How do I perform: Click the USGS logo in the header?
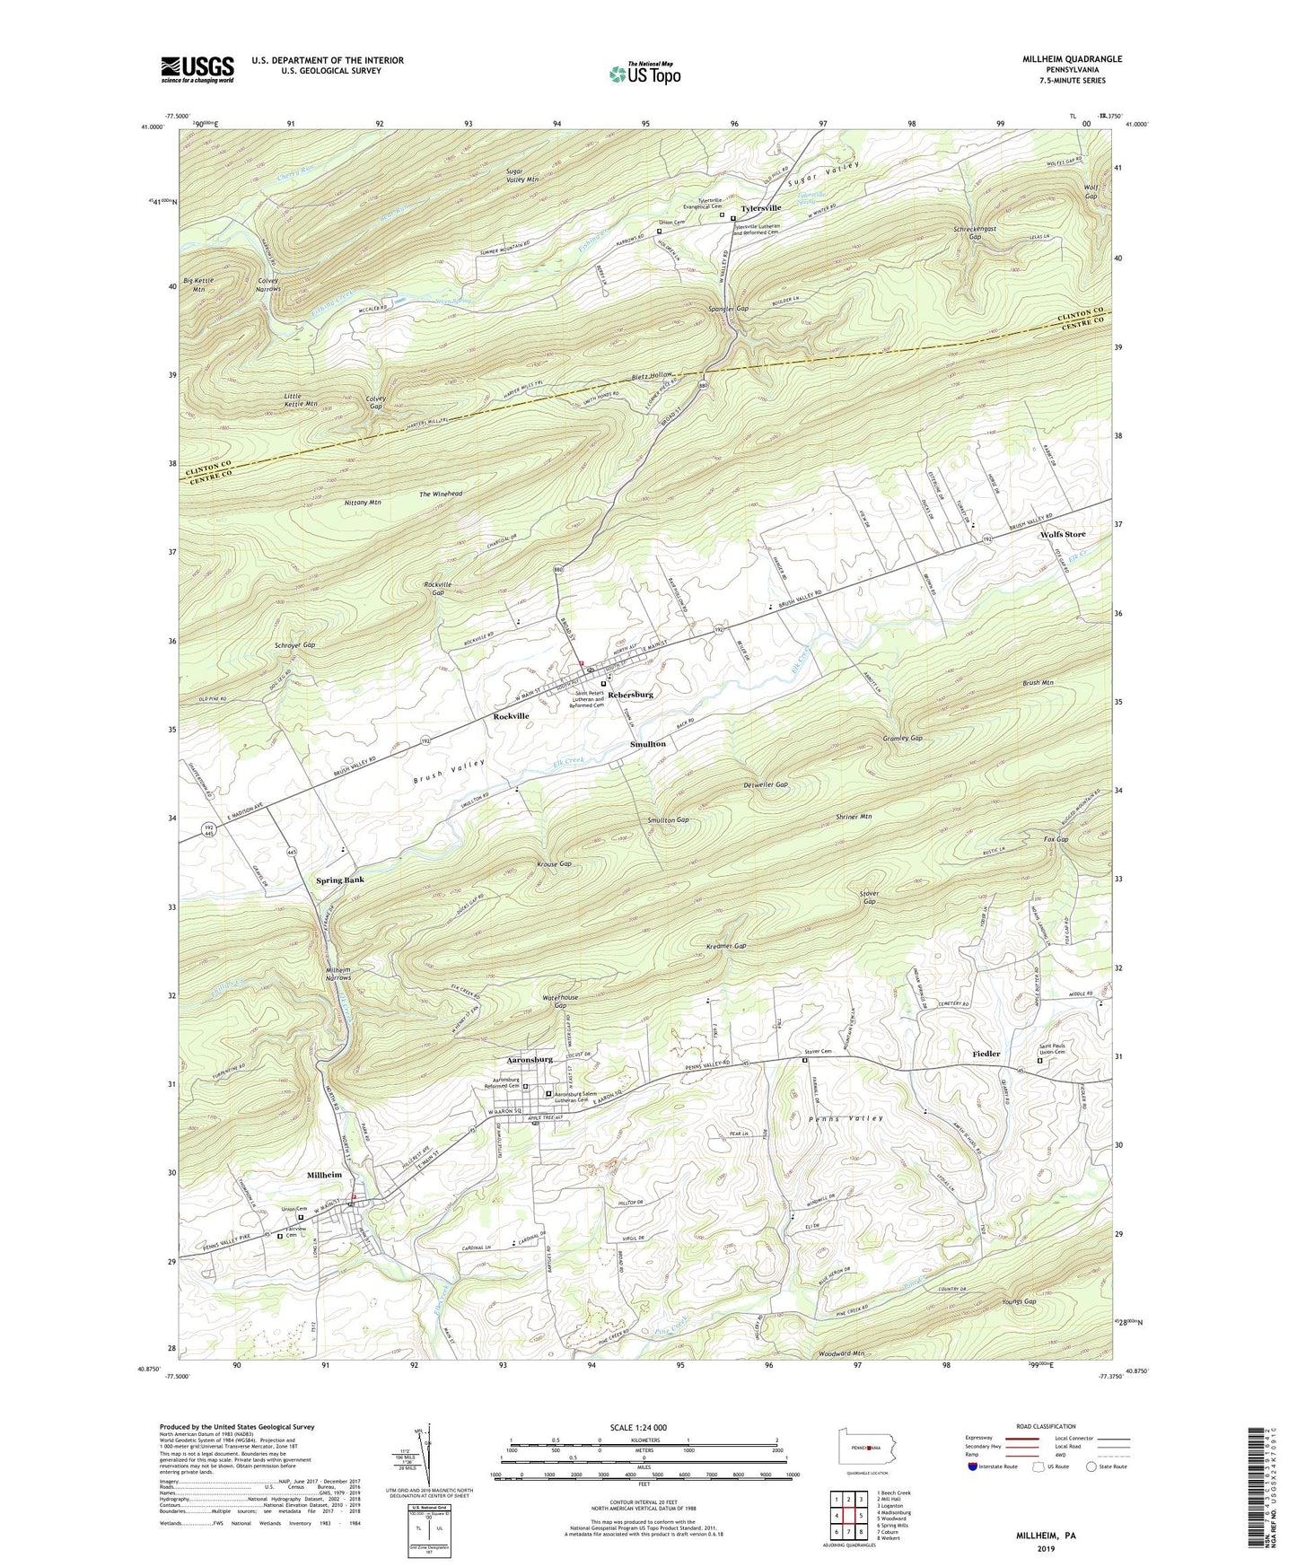(197, 68)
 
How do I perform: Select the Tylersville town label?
(759, 207)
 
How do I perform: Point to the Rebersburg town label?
(630, 695)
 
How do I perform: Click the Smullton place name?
(647, 744)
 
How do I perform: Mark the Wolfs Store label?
(1063, 534)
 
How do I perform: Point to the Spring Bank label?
(340, 880)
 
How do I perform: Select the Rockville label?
(511, 716)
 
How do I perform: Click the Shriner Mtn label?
(854, 817)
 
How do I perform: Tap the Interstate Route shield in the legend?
(974, 1466)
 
